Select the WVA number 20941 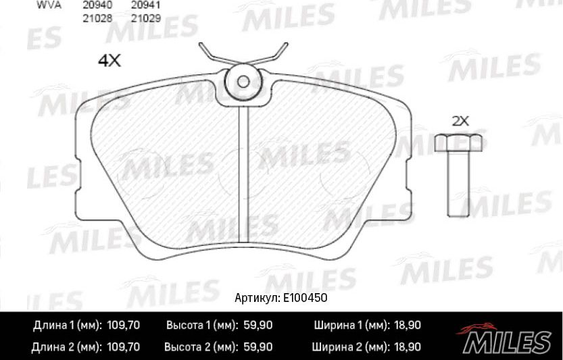146,5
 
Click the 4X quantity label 109,61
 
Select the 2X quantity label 460,122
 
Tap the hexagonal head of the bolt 458,143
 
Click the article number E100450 305,298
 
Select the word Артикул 256,298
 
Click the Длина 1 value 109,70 122,326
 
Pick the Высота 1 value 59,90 257,326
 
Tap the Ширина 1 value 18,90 406,326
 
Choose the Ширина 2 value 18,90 406,347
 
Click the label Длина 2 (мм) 66,347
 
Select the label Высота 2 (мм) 200,347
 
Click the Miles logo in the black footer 507,336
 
